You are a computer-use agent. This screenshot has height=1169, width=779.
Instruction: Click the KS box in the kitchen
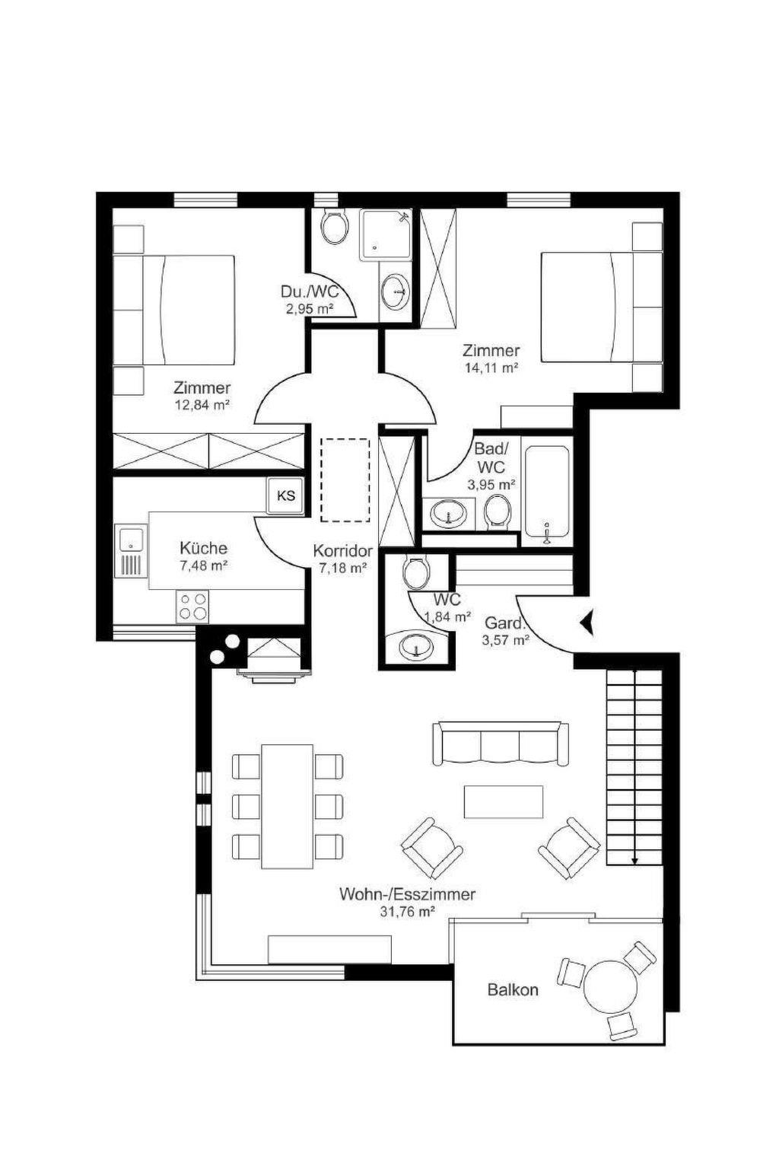[x=285, y=495]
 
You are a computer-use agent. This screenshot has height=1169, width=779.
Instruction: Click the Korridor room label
[x=343, y=550]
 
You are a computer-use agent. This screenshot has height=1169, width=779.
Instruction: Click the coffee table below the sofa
[x=503, y=801]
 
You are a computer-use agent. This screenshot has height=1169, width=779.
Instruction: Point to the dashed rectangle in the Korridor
[x=345, y=479]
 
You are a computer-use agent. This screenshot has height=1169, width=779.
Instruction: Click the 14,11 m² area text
[x=491, y=367]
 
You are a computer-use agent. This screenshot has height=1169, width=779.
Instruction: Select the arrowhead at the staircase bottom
[x=634, y=861]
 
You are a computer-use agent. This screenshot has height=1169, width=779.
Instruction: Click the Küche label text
[x=203, y=549]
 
